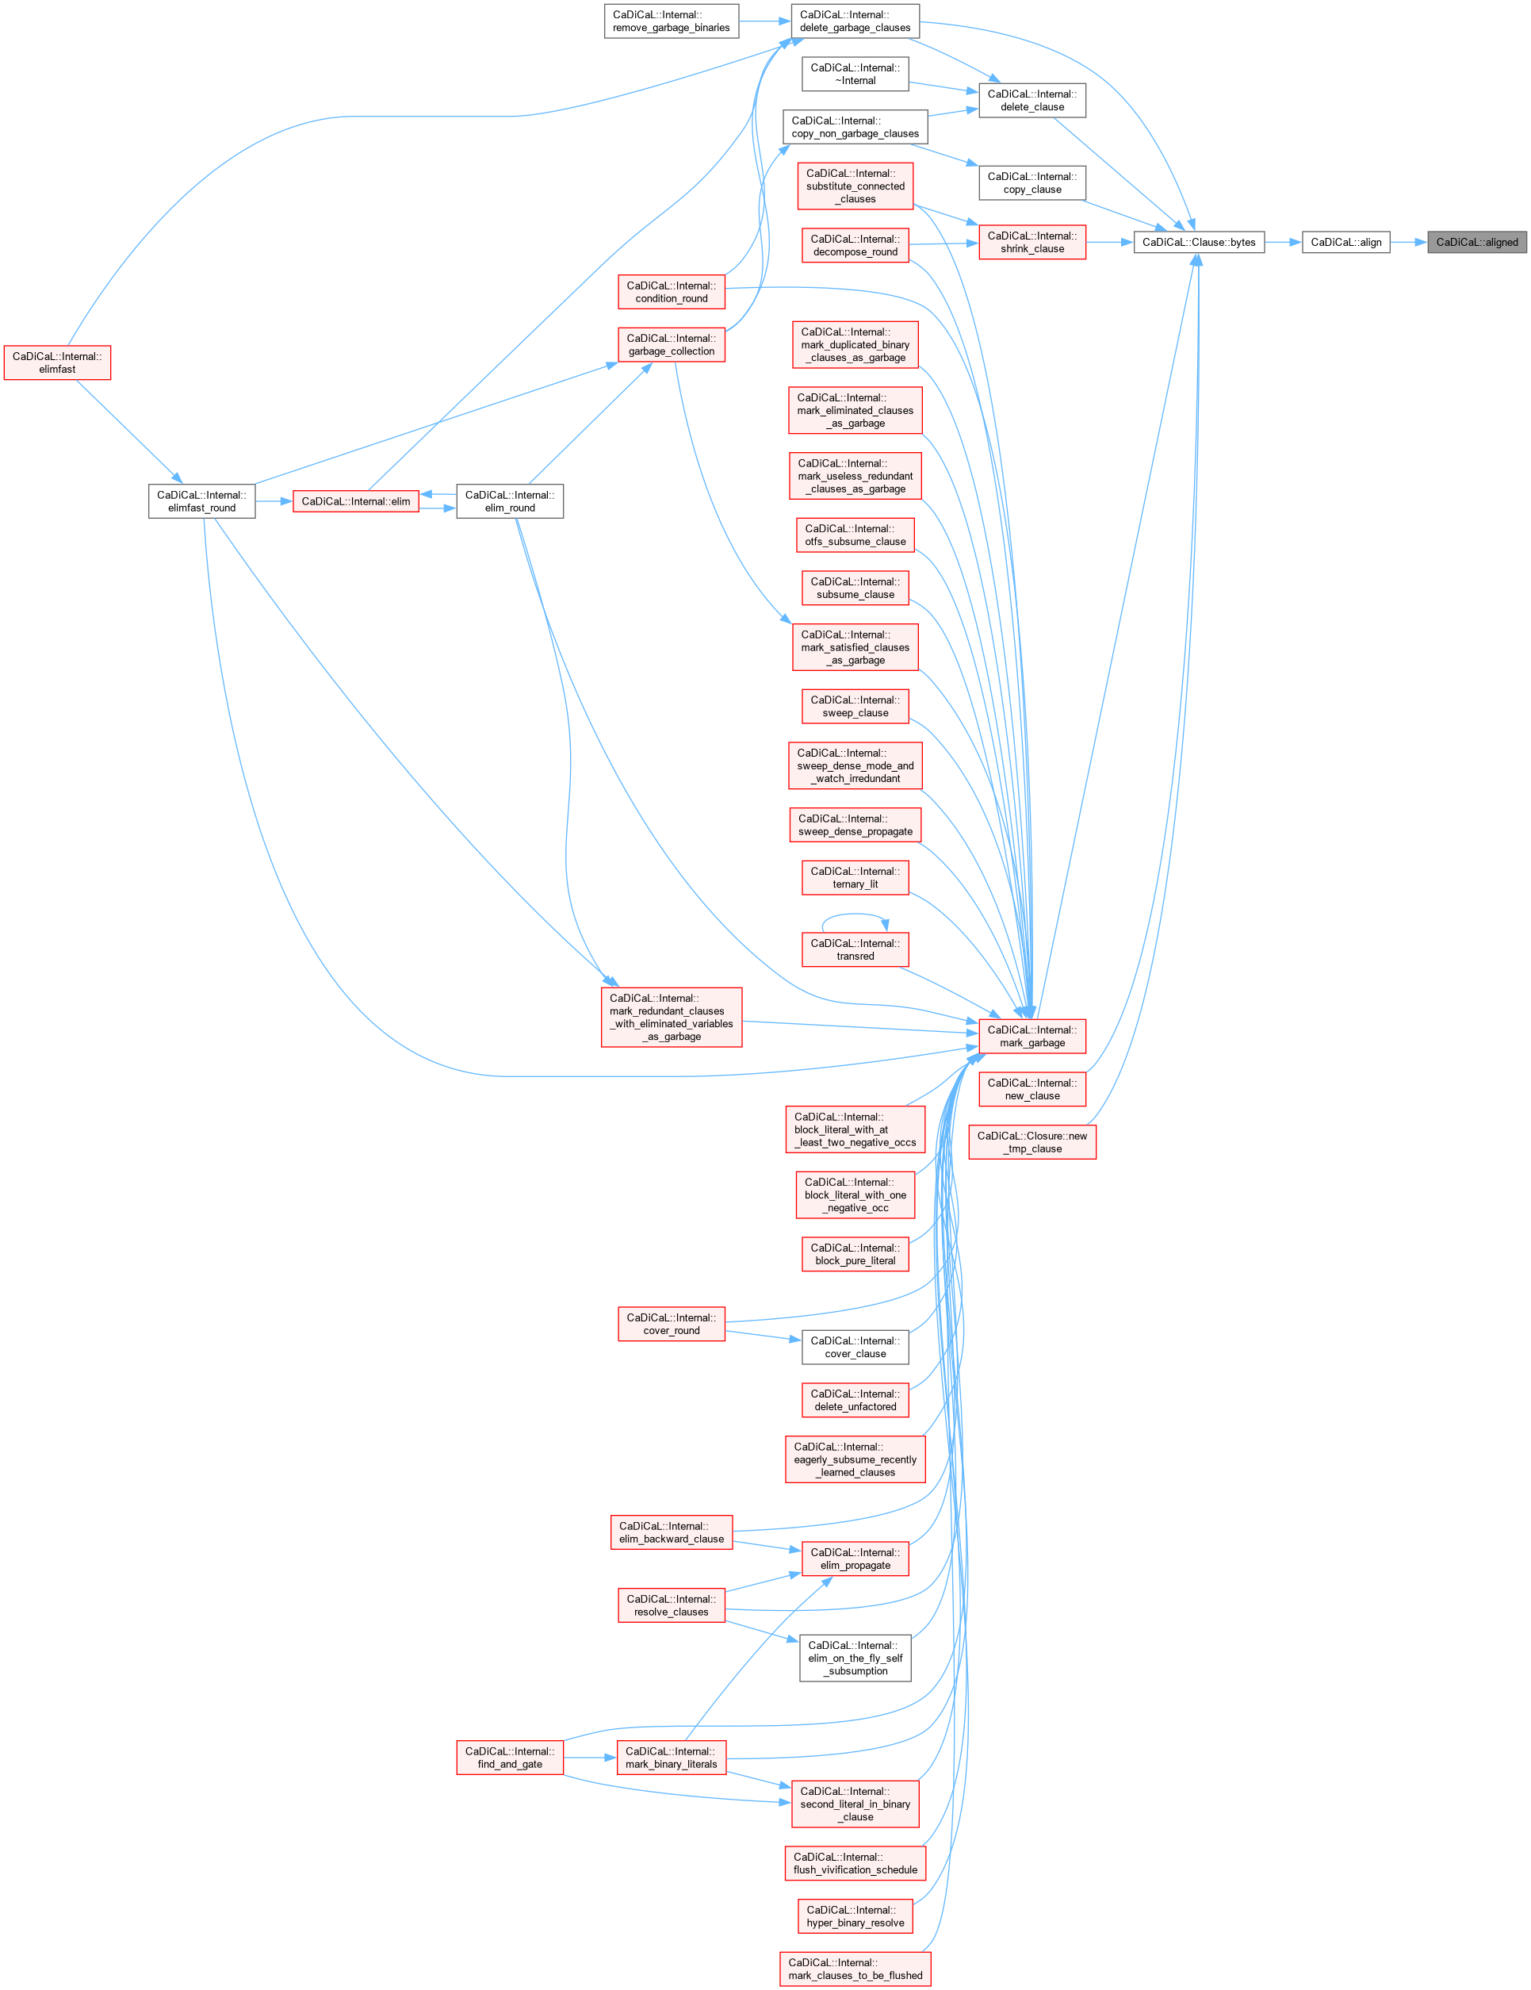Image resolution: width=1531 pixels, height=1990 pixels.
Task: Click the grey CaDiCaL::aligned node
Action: point(1476,243)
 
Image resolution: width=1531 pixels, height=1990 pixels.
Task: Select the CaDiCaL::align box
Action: point(1345,243)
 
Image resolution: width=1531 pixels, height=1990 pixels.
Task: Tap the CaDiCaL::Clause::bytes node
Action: point(1199,243)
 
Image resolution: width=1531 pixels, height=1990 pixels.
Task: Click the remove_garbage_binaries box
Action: point(672,21)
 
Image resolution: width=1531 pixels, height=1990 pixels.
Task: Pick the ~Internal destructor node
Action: point(855,74)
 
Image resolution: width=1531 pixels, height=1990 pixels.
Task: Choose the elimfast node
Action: point(57,362)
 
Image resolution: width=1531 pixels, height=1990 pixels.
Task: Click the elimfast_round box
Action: point(201,501)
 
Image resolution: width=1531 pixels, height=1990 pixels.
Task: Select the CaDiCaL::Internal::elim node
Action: point(355,501)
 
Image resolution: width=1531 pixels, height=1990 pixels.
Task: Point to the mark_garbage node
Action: point(1032,1036)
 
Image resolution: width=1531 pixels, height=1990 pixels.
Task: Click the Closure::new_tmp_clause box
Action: point(1032,1141)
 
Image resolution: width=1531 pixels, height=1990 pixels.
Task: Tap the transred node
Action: point(855,949)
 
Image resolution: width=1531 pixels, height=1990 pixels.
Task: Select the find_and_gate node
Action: point(509,1758)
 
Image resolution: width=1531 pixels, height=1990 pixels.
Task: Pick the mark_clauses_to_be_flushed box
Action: point(855,1969)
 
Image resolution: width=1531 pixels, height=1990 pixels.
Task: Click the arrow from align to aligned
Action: point(1408,243)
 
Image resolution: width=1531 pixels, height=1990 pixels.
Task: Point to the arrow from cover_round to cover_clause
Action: point(764,1336)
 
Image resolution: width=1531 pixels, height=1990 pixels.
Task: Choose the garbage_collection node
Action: point(672,344)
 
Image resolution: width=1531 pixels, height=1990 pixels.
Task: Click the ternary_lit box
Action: point(855,877)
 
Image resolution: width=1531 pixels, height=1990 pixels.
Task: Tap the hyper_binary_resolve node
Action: point(855,1916)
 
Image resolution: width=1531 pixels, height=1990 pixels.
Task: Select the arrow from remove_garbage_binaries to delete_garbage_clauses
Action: point(764,21)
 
